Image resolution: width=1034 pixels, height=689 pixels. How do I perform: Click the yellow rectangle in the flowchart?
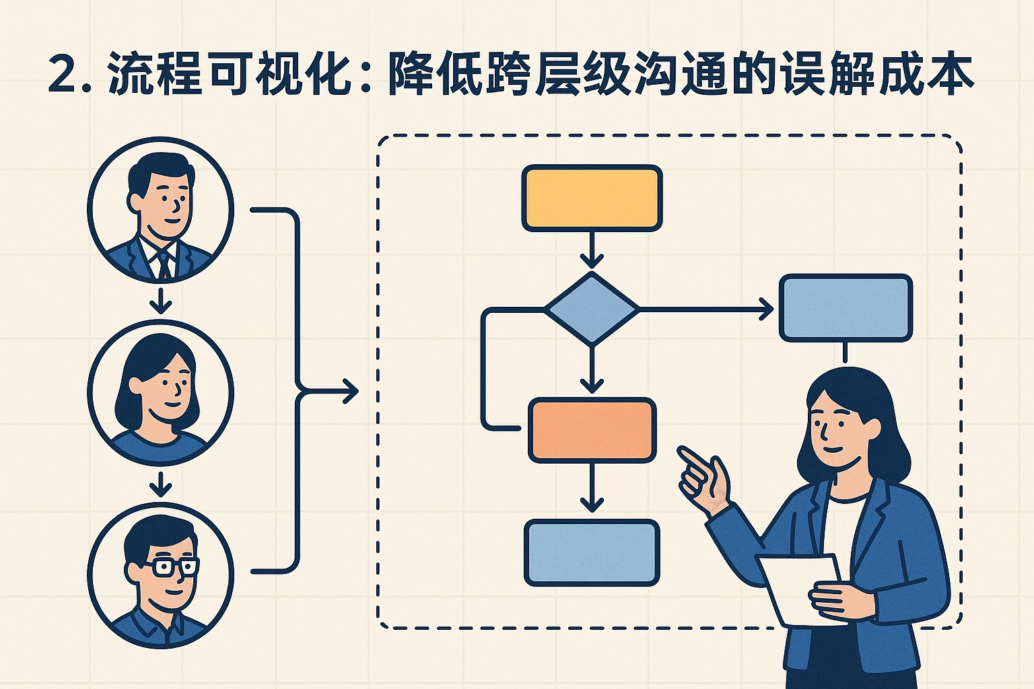pyautogui.click(x=592, y=198)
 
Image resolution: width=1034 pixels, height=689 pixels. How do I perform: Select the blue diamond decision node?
pyautogui.click(x=591, y=309)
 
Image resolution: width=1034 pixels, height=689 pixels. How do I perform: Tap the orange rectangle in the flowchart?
pyautogui.click(x=592, y=431)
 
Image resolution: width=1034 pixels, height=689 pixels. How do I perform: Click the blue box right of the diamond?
pyautogui.click(x=846, y=308)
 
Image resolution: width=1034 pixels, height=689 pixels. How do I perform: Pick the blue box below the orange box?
pyautogui.click(x=592, y=552)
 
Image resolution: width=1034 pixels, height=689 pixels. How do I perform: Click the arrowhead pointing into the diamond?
pyautogui.click(x=592, y=260)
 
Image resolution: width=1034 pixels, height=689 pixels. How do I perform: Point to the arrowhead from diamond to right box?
pyautogui.click(x=766, y=310)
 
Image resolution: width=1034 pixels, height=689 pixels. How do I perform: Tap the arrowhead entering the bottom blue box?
pyautogui.click(x=592, y=505)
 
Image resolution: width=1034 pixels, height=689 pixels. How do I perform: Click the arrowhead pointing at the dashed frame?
pyautogui.click(x=350, y=391)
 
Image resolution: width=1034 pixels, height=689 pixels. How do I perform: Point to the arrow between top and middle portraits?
pyautogui.click(x=160, y=302)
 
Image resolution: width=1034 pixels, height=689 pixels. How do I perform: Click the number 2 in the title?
pyautogui.click(x=64, y=75)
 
